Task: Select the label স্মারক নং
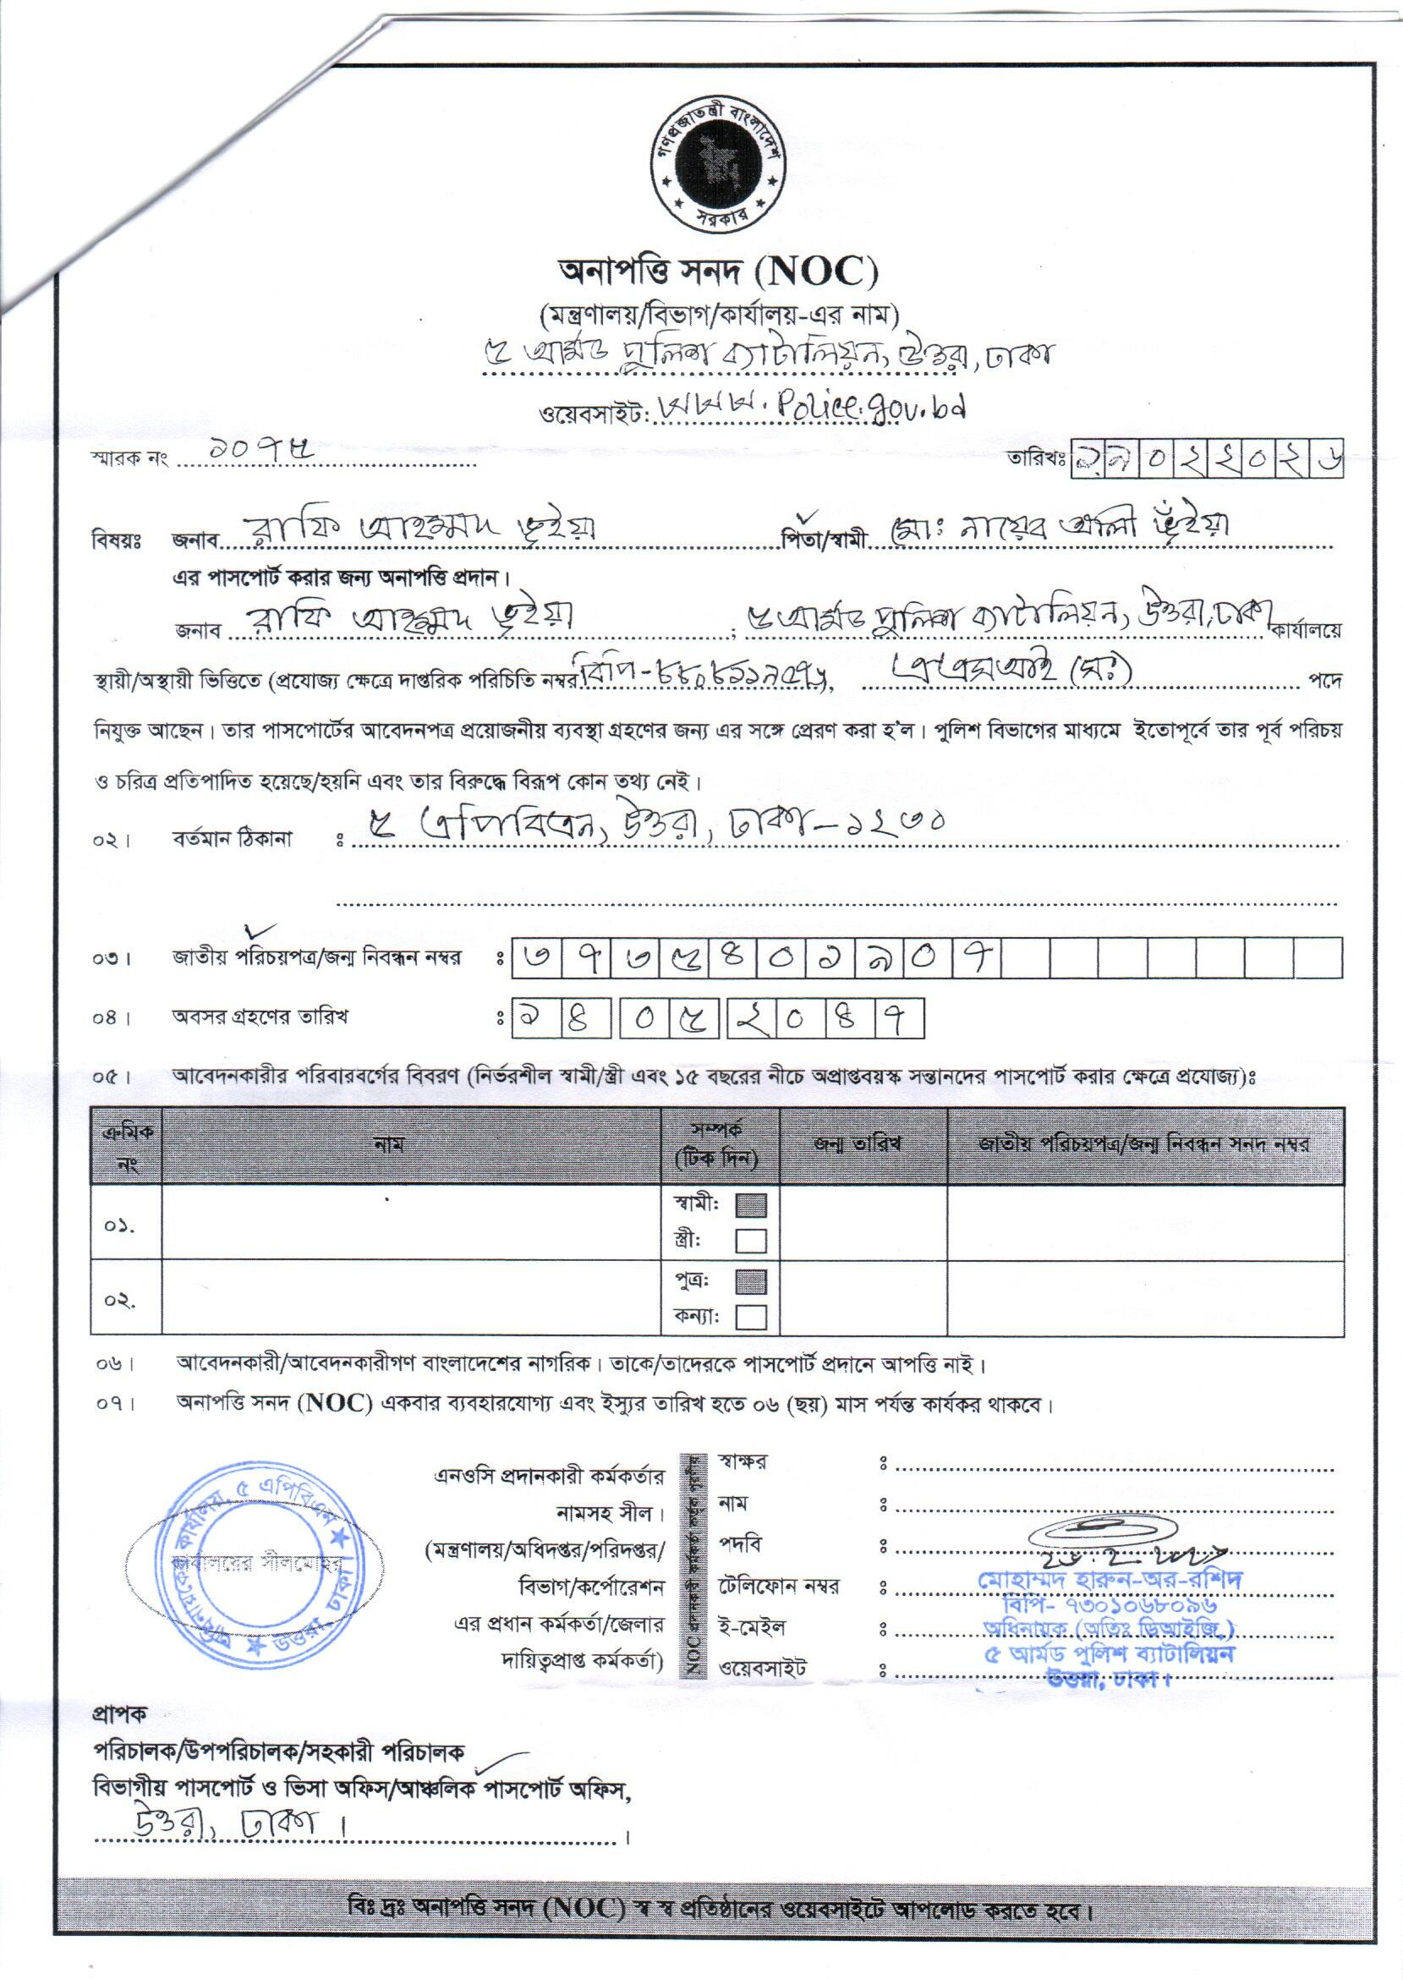[x=128, y=459]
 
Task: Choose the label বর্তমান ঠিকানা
[x=231, y=839]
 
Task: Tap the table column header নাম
[x=390, y=1144]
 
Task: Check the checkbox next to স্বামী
[x=751, y=1205]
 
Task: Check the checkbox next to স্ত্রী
[x=751, y=1242]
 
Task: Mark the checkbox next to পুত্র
[x=751, y=1281]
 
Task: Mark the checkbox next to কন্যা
[x=751, y=1318]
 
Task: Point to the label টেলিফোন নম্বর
[x=778, y=1586]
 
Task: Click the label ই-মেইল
[x=752, y=1626]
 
